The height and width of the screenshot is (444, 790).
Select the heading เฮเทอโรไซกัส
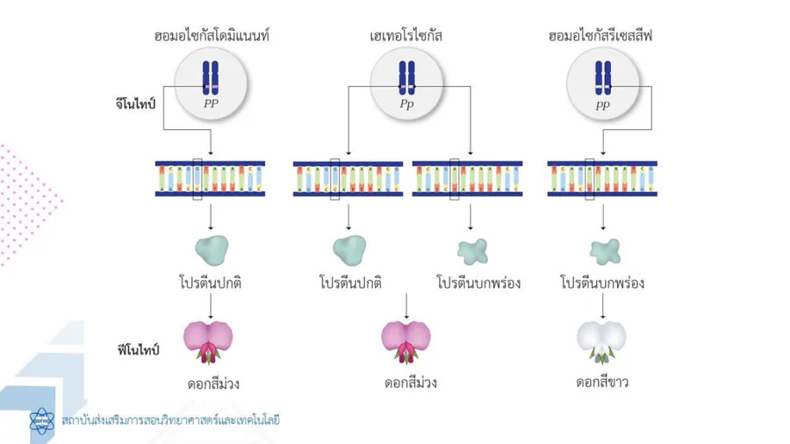tap(406, 37)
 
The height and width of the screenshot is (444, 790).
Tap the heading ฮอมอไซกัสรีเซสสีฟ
tap(603, 37)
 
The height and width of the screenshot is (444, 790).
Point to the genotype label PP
tap(211, 104)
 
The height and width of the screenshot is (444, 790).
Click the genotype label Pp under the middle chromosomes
tap(406, 104)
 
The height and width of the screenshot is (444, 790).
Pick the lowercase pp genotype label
tap(603, 104)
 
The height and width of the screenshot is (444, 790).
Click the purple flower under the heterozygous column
tap(406, 342)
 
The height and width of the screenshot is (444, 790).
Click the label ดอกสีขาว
tap(602, 383)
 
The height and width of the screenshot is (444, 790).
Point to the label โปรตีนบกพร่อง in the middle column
tap(478, 283)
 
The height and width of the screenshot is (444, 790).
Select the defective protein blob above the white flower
tap(602, 250)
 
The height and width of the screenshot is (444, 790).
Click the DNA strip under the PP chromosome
tap(211, 178)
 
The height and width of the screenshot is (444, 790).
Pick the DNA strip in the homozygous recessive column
tap(602, 178)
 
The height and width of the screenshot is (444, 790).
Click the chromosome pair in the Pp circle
tap(406, 77)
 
